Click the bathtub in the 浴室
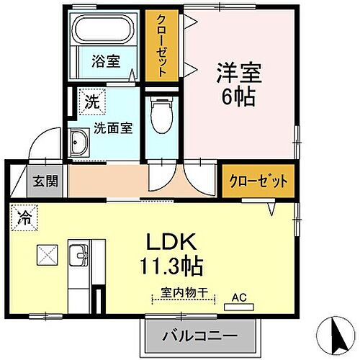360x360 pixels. [103, 30]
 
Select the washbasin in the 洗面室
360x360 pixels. [78, 143]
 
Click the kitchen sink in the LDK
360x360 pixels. [78, 256]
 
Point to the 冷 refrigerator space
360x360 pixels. [24, 217]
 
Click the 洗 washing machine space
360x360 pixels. [92, 102]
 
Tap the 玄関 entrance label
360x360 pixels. [45, 181]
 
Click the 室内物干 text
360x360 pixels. [184, 293]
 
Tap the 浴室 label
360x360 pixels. [106, 61]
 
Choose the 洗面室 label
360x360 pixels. [113, 128]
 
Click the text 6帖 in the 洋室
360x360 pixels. [238, 97]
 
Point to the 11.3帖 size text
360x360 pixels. [171, 266]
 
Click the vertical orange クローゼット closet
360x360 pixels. [162, 45]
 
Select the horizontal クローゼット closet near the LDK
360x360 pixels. [258, 181]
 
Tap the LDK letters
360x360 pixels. [171, 242]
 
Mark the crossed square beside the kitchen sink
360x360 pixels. [48, 255]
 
